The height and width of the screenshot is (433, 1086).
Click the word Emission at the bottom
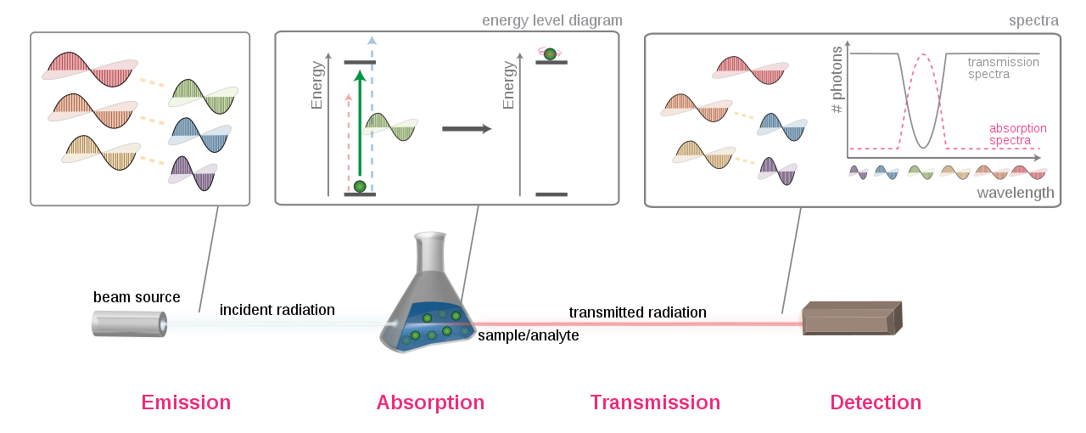pos(186,402)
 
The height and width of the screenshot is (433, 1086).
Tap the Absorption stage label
pos(430,402)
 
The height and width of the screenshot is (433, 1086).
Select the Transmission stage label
pos(655,402)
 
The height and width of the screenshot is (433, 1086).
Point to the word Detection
pos(876,402)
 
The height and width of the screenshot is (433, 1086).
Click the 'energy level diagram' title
pos(551,20)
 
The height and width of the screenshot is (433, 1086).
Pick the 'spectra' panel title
pos(1033,20)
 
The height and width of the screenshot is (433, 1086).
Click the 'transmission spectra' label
pos(1003,68)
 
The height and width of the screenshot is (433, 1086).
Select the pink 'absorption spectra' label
pos(1017,134)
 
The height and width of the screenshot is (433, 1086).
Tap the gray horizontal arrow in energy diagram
pos(467,129)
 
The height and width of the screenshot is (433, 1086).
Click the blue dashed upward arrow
pos(372,110)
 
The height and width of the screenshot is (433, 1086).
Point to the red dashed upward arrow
pos(348,140)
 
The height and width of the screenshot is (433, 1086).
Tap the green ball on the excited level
pos(550,53)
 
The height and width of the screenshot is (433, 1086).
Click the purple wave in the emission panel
pos(193,173)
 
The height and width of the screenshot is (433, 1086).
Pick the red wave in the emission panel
pos(89,68)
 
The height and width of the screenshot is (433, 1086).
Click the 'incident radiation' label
pos(277,311)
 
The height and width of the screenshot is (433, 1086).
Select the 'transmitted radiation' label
pos(637,312)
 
